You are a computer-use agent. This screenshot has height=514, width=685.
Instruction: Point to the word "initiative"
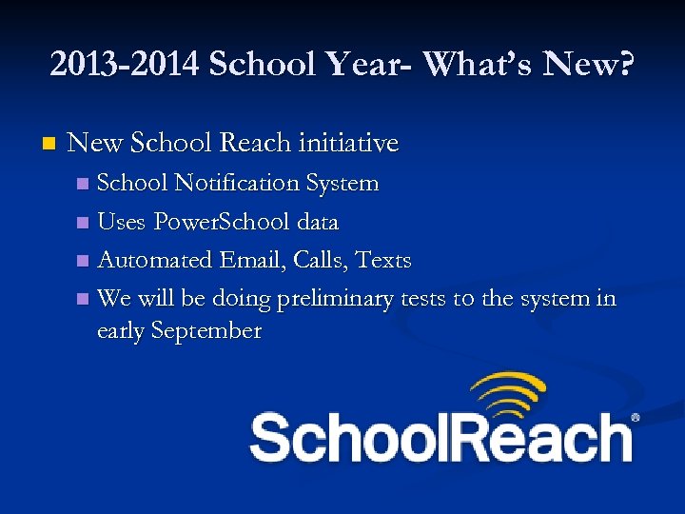(x=348, y=144)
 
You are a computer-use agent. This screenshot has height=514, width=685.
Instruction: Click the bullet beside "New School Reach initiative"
(x=49, y=145)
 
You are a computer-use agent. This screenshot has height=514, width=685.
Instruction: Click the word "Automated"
(x=155, y=260)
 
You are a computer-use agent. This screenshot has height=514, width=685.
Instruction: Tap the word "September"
(x=207, y=331)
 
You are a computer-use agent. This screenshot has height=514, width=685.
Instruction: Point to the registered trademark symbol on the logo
(x=636, y=417)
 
